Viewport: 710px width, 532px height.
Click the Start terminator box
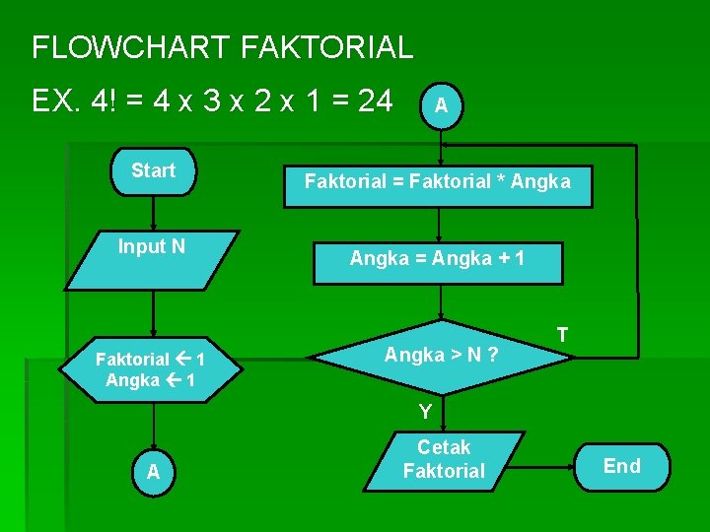pos(153,171)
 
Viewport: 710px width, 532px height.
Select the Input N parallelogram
pos(153,258)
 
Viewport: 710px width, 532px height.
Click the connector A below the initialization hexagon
pos(153,472)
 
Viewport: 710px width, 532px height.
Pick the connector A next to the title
pos(443,104)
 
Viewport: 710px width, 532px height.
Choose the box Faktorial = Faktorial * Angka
pos(438,181)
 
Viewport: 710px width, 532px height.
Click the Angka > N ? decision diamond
pos(441,355)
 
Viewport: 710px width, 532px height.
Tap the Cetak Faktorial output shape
pos(444,461)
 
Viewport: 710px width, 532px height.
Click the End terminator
pos(621,466)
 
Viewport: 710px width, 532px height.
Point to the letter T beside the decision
pos(562,335)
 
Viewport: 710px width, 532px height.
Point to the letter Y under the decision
pos(425,412)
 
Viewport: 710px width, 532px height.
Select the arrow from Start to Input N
pos(153,213)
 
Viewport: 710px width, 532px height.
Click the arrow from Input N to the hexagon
pos(153,313)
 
